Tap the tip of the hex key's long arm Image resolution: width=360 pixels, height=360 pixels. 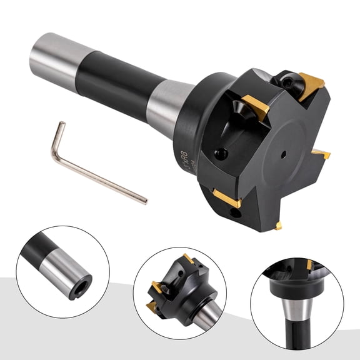pos(145,201)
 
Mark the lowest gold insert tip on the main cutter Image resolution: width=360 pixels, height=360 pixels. pos(277,225)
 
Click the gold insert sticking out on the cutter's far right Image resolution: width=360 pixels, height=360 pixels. pos(321,153)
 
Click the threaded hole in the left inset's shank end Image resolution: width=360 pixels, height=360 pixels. pos(81,292)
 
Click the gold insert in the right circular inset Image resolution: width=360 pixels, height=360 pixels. pos(309,265)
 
